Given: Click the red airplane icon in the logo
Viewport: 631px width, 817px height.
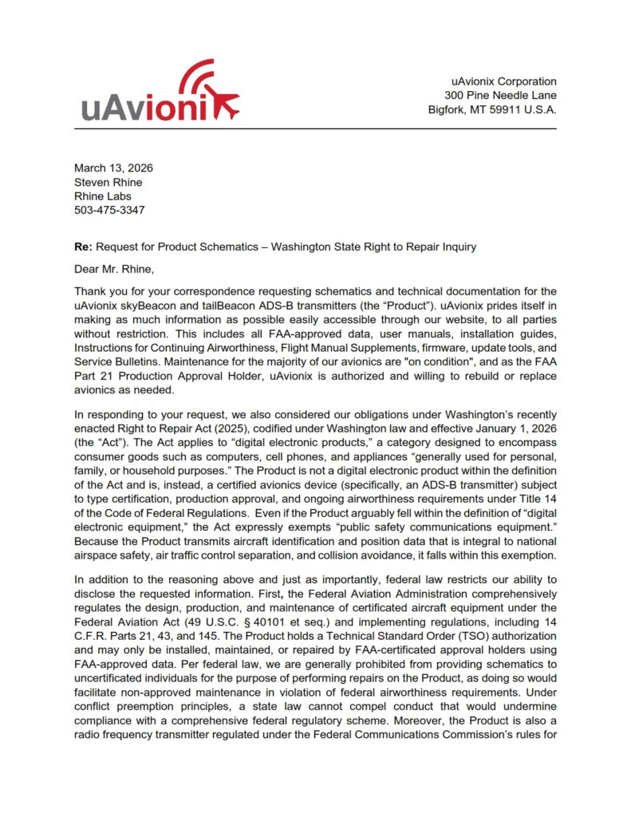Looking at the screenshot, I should [x=223, y=104].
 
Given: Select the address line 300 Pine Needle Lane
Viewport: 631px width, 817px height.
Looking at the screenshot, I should [x=501, y=96].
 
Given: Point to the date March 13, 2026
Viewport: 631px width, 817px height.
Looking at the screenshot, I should [x=113, y=168].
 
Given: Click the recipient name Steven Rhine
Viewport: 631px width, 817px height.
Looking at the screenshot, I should [x=108, y=182].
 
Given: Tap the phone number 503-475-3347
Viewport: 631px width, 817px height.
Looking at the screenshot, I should [x=110, y=211].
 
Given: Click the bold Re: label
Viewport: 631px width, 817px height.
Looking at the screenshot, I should [x=83, y=247].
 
